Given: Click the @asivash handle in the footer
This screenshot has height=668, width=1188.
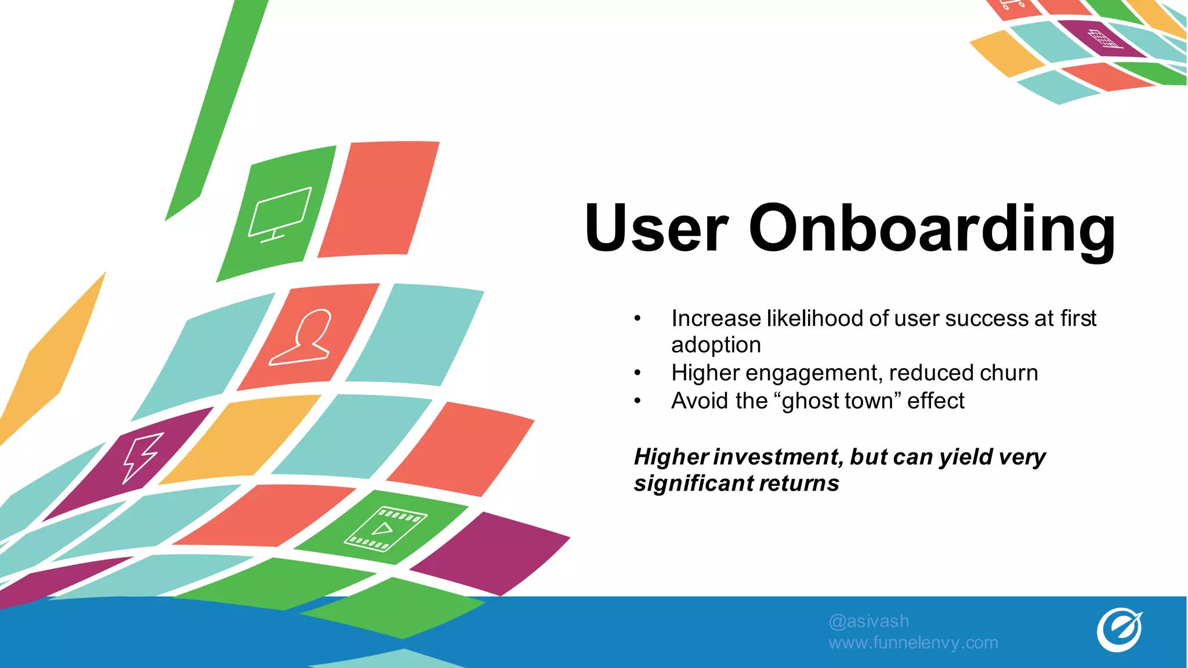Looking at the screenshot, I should click(x=868, y=621).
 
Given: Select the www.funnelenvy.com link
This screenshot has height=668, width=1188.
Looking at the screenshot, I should click(x=913, y=642).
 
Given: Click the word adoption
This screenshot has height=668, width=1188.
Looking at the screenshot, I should click(x=716, y=345).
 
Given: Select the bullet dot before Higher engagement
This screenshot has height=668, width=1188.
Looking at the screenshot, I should click(x=638, y=373).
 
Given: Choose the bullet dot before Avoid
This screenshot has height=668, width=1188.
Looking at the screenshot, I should click(x=638, y=401).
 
